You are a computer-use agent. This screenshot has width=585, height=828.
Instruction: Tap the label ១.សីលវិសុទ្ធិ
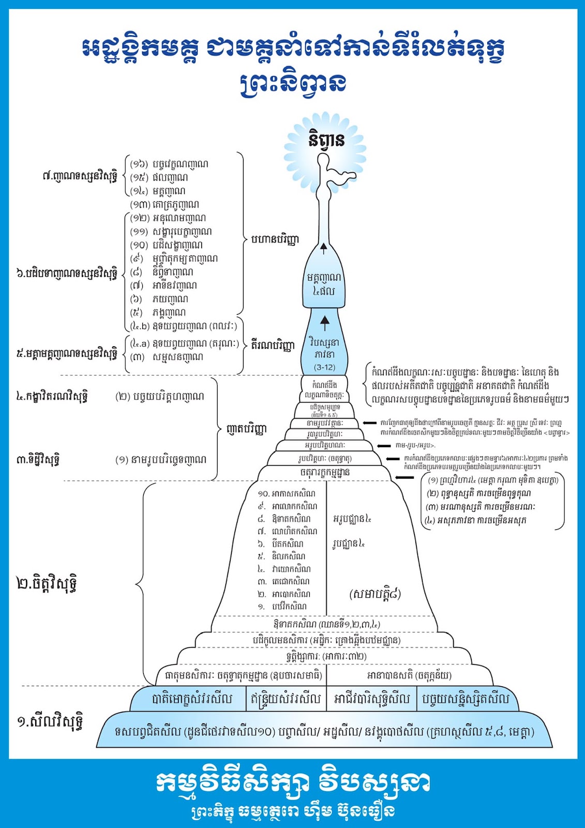coord(50,721)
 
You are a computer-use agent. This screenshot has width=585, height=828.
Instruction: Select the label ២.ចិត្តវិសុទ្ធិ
coord(48,584)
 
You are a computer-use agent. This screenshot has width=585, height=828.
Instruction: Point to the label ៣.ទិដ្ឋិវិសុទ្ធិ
coord(38,459)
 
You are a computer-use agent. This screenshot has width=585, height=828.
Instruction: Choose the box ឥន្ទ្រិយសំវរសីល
coord(286,699)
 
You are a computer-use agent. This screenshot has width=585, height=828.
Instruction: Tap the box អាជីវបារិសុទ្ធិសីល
coord(372,699)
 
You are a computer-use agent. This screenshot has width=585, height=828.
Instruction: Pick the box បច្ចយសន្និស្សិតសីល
coord(466,699)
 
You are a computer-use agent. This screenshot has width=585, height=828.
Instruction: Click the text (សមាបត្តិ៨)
coord(376,594)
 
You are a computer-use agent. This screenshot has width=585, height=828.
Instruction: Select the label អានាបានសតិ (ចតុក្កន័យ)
coord(409,675)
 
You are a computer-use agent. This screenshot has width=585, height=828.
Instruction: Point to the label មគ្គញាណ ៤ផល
coord(324,284)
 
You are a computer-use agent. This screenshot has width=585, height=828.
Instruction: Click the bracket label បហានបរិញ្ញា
coord(275,240)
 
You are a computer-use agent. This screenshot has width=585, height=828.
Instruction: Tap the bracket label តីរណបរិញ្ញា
coord(273,345)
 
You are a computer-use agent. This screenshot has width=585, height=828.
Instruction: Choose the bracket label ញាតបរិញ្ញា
coord(247,429)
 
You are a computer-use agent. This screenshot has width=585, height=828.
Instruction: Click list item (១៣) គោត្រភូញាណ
coord(164,204)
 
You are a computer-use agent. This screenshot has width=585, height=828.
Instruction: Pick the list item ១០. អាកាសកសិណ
coord(287,494)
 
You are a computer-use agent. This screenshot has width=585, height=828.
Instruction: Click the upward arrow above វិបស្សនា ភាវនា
coord(325,323)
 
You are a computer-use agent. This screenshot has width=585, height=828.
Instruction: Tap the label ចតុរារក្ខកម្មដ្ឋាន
coord(325,472)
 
